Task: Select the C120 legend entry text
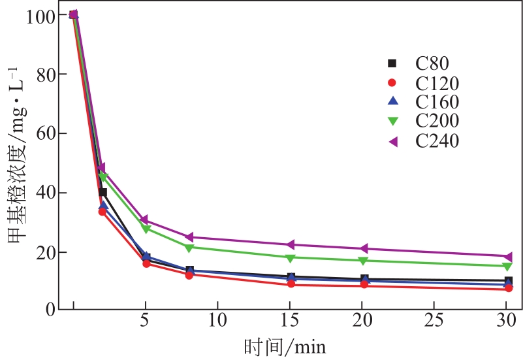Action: click(x=437, y=84)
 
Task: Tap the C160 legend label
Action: click(x=437, y=103)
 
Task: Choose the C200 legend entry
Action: click(x=437, y=121)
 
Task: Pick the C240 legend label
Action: click(x=437, y=140)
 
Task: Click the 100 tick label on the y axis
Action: click(x=41, y=14)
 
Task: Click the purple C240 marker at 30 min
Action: click(x=508, y=256)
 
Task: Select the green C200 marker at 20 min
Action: click(x=363, y=261)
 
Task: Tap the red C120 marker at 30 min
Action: click(x=508, y=288)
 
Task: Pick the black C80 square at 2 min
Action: click(x=103, y=192)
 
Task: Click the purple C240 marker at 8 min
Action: click(x=189, y=237)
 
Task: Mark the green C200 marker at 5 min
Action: click(x=146, y=229)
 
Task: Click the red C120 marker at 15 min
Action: click(x=291, y=284)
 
